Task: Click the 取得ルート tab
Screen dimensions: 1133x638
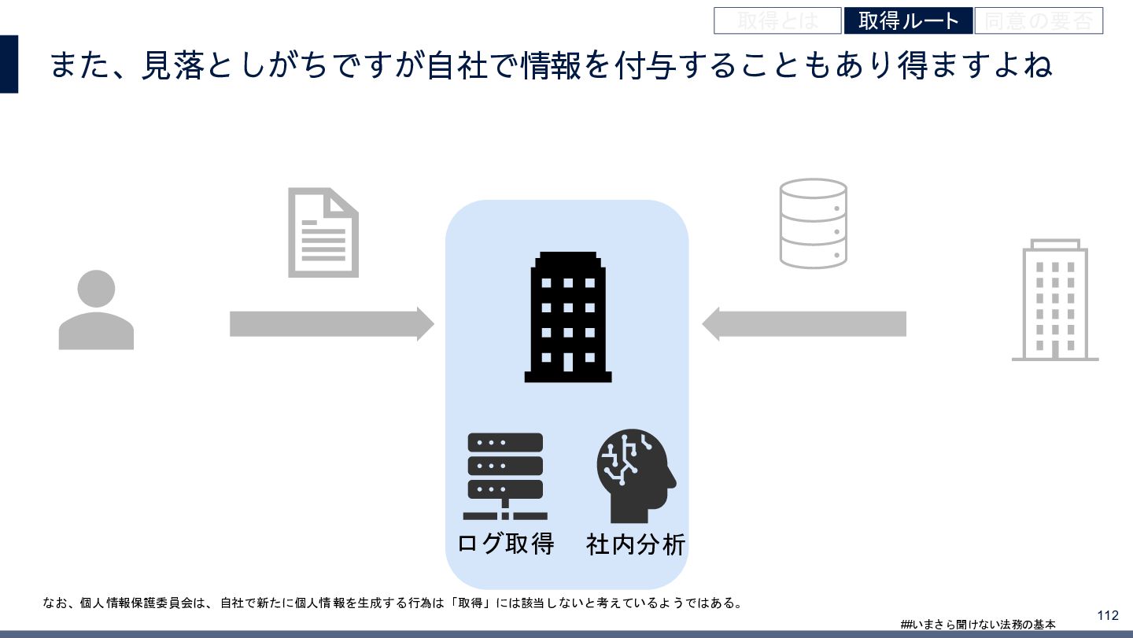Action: pyautogui.click(x=908, y=21)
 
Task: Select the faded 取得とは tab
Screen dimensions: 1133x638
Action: pyautogui.click(x=777, y=21)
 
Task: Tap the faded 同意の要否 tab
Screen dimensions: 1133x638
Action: pyautogui.click(x=1039, y=21)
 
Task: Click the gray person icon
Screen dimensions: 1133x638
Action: pyautogui.click(x=96, y=310)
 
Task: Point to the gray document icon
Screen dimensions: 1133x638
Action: pyautogui.click(x=323, y=232)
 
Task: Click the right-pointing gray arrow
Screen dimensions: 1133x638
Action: pyautogui.click(x=331, y=324)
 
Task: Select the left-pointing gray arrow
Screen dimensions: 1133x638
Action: pyautogui.click(x=803, y=324)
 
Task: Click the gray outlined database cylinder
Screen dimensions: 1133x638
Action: pyautogui.click(x=813, y=223)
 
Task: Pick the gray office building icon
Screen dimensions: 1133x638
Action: pyautogui.click(x=1054, y=301)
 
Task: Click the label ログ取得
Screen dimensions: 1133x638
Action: pyautogui.click(x=505, y=544)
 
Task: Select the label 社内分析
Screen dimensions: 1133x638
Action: pyautogui.click(x=636, y=544)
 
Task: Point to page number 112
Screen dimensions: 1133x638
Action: pyautogui.click(x=1107, y=615)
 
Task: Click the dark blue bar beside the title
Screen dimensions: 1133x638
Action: pyautogui.click(x=9, y=64)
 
